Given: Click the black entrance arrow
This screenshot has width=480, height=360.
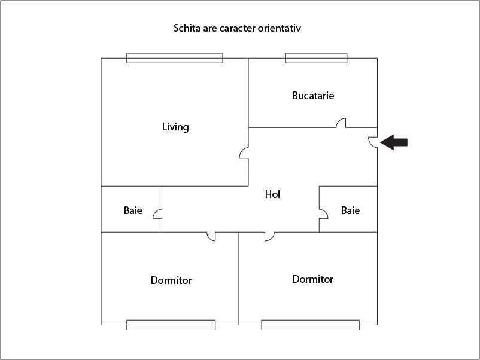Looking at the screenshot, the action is point(394,142).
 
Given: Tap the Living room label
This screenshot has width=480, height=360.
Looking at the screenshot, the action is point(175,127).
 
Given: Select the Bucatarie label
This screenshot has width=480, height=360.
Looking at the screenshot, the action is point(313,96).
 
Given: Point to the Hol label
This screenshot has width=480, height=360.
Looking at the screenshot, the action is point(272,194).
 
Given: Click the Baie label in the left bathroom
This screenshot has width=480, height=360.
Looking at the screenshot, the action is point(133,210).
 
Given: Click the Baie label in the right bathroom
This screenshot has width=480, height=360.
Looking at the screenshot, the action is point(350,210).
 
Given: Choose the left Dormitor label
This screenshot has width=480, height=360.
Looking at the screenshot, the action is point(171,280).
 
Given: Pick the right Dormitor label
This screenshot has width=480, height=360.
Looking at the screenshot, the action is point(312,279).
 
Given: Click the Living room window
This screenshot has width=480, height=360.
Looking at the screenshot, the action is point(175,58).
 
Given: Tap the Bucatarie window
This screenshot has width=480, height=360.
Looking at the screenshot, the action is point(316,58).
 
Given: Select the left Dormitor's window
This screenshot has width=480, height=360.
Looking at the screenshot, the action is point(171,325).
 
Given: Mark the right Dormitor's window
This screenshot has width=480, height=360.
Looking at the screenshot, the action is point(311,325).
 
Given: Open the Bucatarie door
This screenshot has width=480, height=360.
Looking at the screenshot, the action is point(341,123).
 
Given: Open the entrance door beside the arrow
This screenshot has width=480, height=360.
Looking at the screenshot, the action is point(373,142).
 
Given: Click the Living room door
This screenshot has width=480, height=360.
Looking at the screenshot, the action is point(244,153).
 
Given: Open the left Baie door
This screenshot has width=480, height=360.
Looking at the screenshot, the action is point(157,214).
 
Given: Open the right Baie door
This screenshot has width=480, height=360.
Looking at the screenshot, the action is point(324,214).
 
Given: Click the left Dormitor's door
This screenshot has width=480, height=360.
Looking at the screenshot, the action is point(211,236).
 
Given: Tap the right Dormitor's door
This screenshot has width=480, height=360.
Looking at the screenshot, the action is point(269,236).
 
